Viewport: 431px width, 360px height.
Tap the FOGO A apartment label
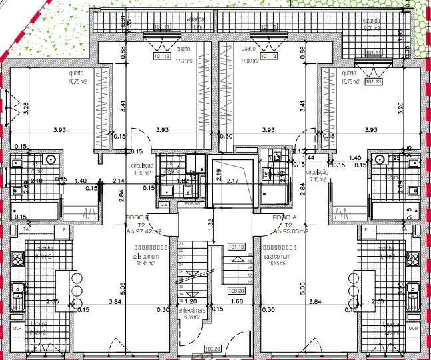[284, 217]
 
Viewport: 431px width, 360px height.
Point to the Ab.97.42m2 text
[144, 231]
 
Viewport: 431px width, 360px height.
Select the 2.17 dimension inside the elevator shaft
[233, 181]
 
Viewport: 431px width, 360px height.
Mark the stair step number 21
[180, 245]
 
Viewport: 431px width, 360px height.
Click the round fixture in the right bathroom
[380, 159]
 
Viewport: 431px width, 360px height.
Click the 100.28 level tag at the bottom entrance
[213, 348]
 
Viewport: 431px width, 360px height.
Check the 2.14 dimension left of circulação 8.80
[119, 181]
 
